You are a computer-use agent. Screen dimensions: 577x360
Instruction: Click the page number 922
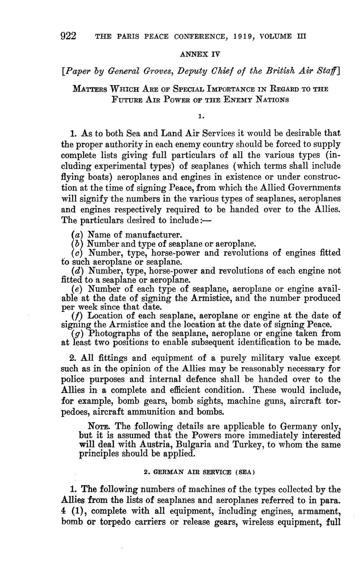coord(68,36)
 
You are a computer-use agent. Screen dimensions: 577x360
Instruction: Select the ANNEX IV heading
coord(200,54)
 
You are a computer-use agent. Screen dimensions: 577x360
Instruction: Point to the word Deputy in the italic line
coord(194,71)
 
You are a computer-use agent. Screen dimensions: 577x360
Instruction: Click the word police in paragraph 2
coord(77,380)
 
